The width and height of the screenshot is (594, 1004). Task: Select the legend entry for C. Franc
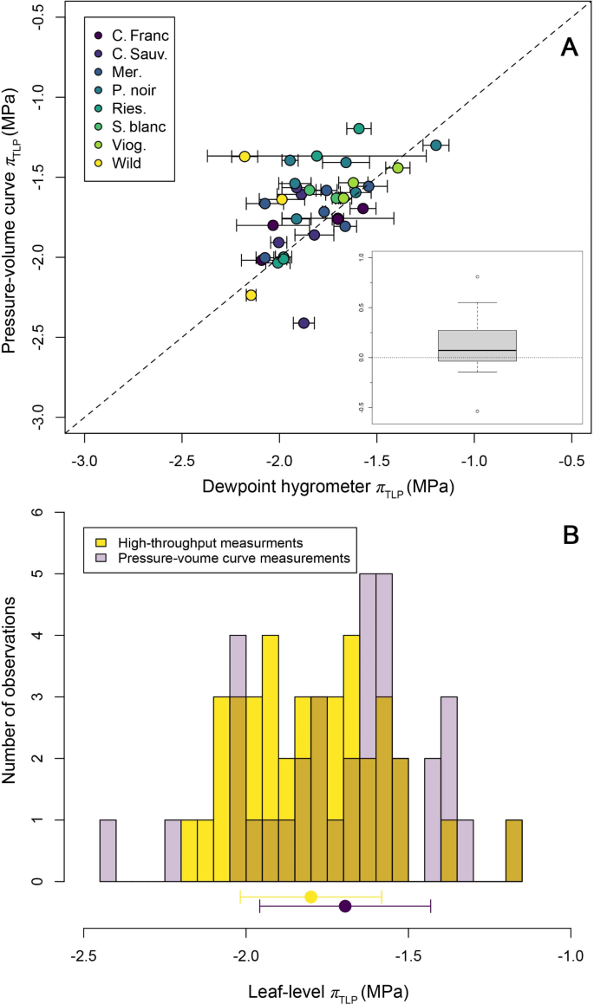pyautogui.click(x=135, y=36)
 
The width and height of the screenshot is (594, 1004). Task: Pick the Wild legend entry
pyautogui.click(x=126, y=162)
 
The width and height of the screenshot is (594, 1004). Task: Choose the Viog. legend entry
pyautogui.click(x=128, y=144)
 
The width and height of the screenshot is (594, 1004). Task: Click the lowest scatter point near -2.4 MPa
pyautogui.click(x=304, y=323)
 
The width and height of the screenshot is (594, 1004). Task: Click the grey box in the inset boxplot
pyautogui.click(x=477, y=345)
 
